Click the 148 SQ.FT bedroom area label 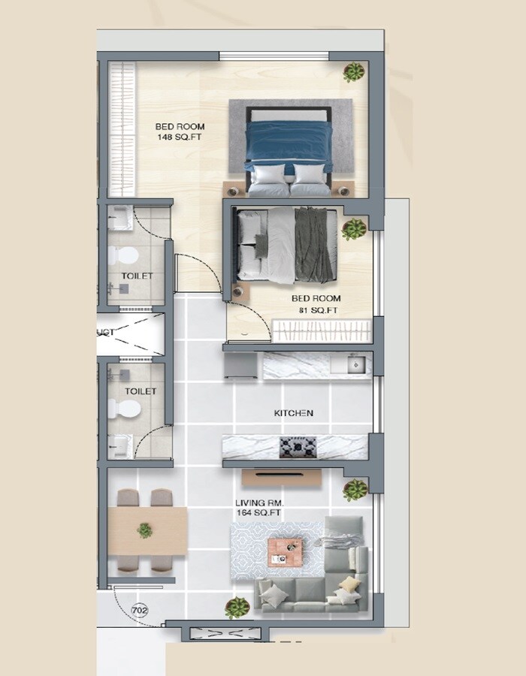click(180, 132)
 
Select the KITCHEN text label click(293, 413)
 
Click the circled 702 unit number click(139, 610)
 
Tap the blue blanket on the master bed click(289, 143)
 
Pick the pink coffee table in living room click(285, 551)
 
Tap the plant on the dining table click(144, 530)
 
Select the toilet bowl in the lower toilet click(124, 409)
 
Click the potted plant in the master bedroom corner click(354, 72)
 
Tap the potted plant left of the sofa click(237, 606)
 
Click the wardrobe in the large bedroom click(122, 129)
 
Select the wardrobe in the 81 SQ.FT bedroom click(322, 329)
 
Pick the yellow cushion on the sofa click(348, 584)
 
